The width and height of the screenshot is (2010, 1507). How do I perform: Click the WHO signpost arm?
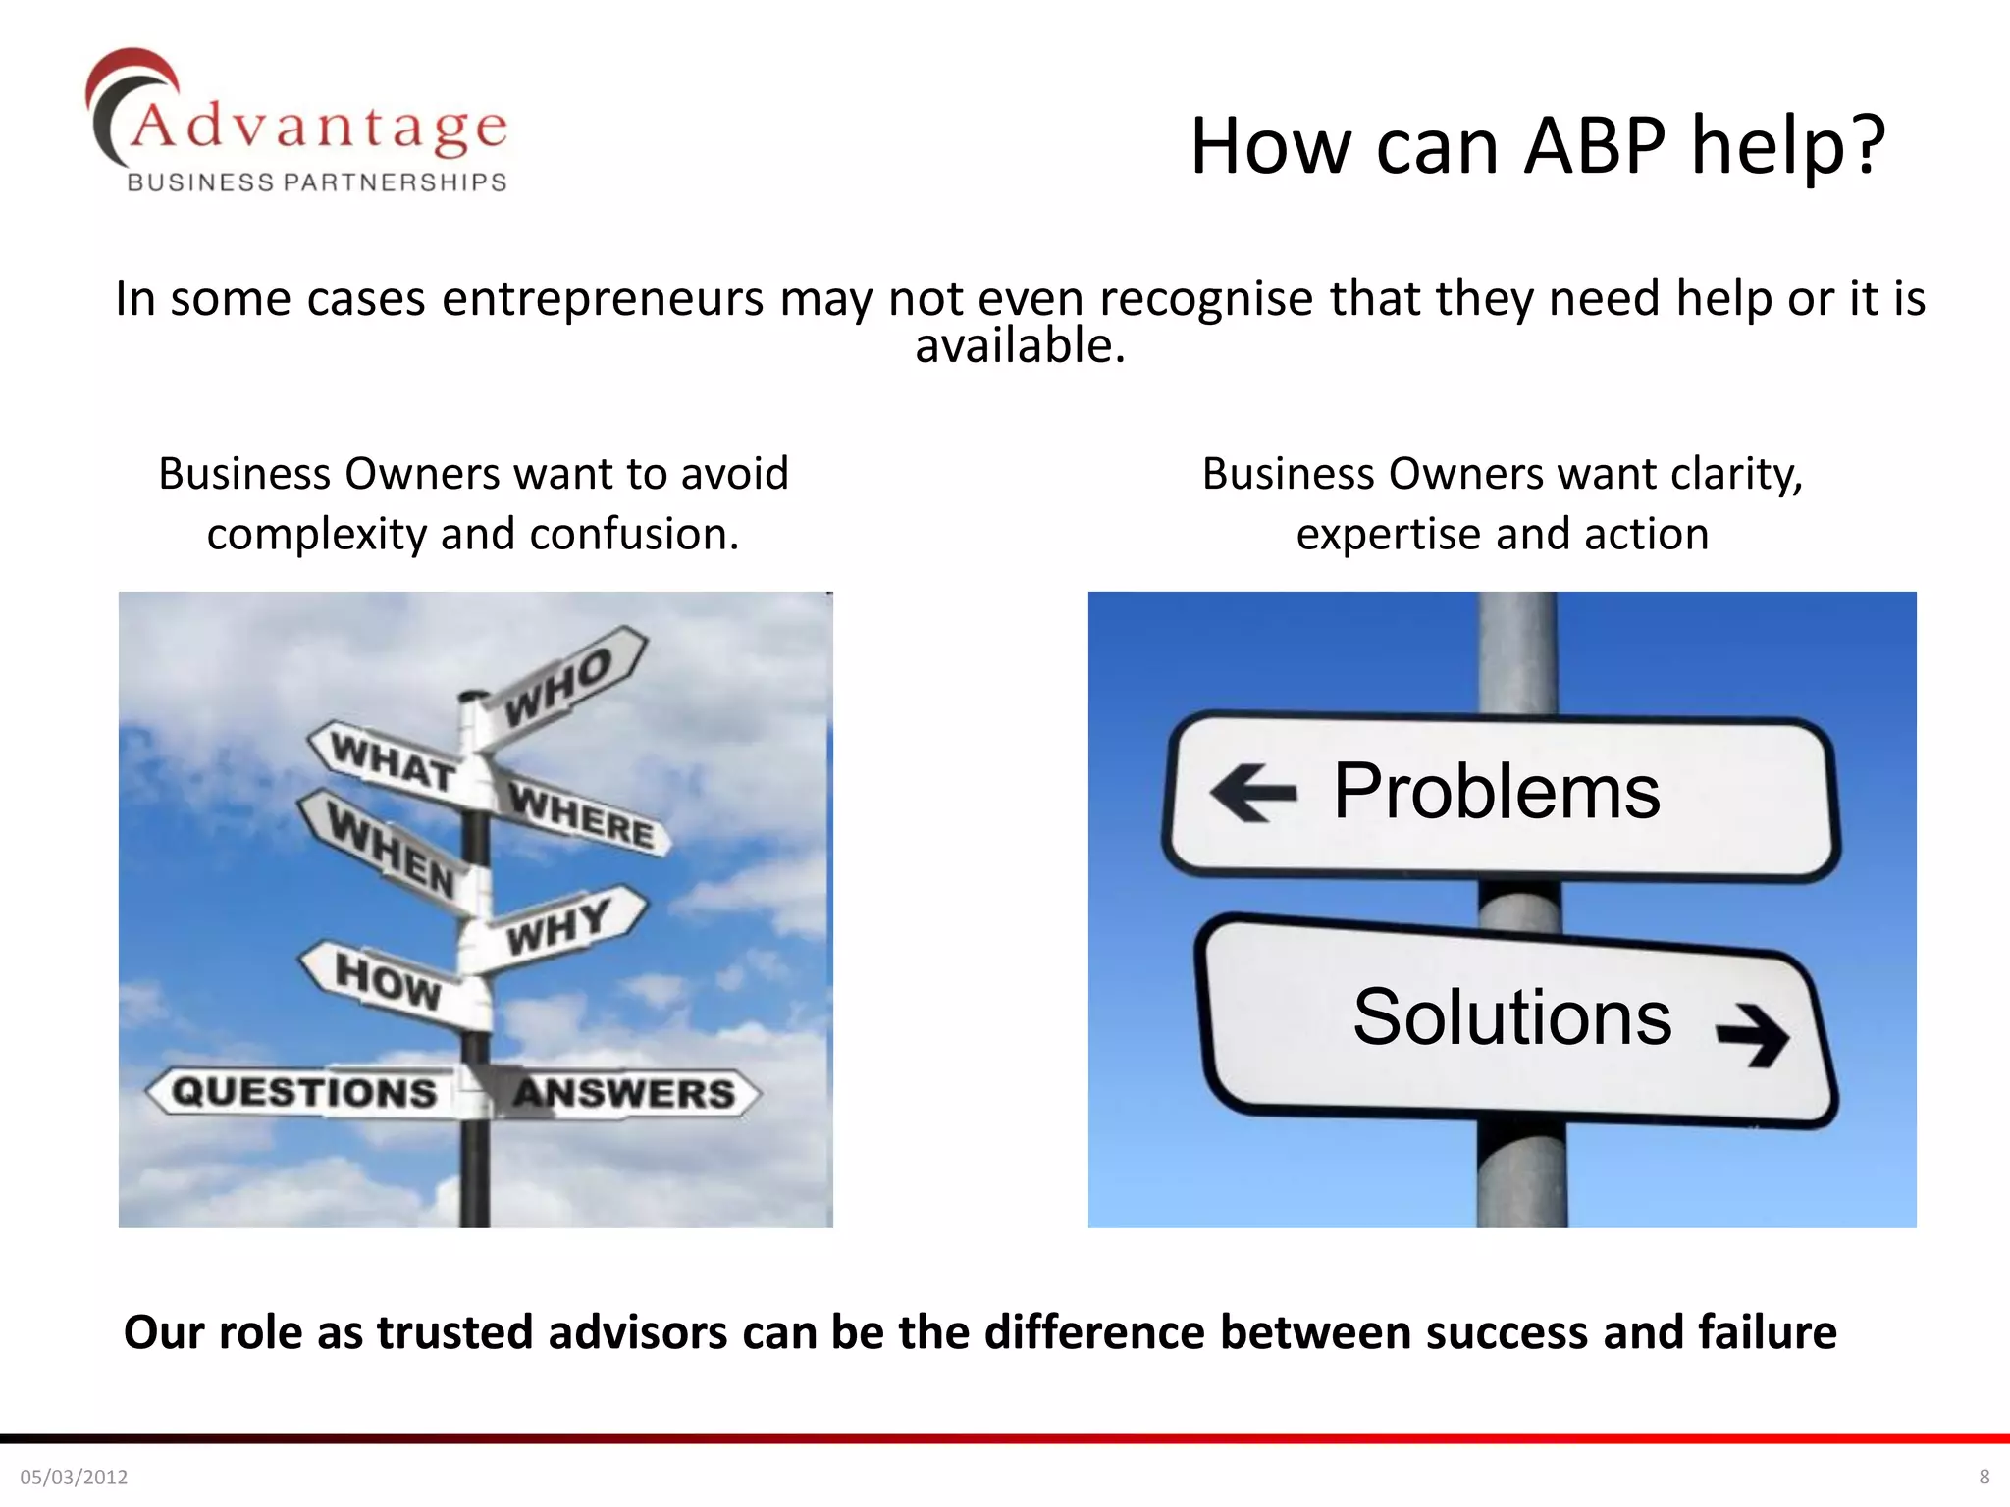tap(559, 687)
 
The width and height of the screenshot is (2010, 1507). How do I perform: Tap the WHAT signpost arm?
tap(393, 762)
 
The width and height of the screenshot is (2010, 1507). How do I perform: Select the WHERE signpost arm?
tap(581, 815)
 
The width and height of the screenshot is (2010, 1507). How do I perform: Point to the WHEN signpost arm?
tap(391, 850)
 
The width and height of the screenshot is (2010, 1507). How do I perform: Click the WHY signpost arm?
tap(557, 927)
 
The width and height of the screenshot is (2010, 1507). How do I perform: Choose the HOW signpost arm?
tap(388, 980)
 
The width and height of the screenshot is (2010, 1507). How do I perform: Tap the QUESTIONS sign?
tap(304, 1092)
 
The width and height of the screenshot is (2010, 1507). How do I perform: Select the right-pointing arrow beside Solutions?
tap(1752, 1033)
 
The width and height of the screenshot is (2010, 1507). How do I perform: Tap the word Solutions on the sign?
tap(1511, 1017)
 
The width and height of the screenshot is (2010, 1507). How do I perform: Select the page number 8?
tap(1984, 1477)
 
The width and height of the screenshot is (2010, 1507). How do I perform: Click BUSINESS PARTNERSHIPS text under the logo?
tap(317, 182)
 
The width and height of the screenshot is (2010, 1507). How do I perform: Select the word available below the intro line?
tap(1020, 346)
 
